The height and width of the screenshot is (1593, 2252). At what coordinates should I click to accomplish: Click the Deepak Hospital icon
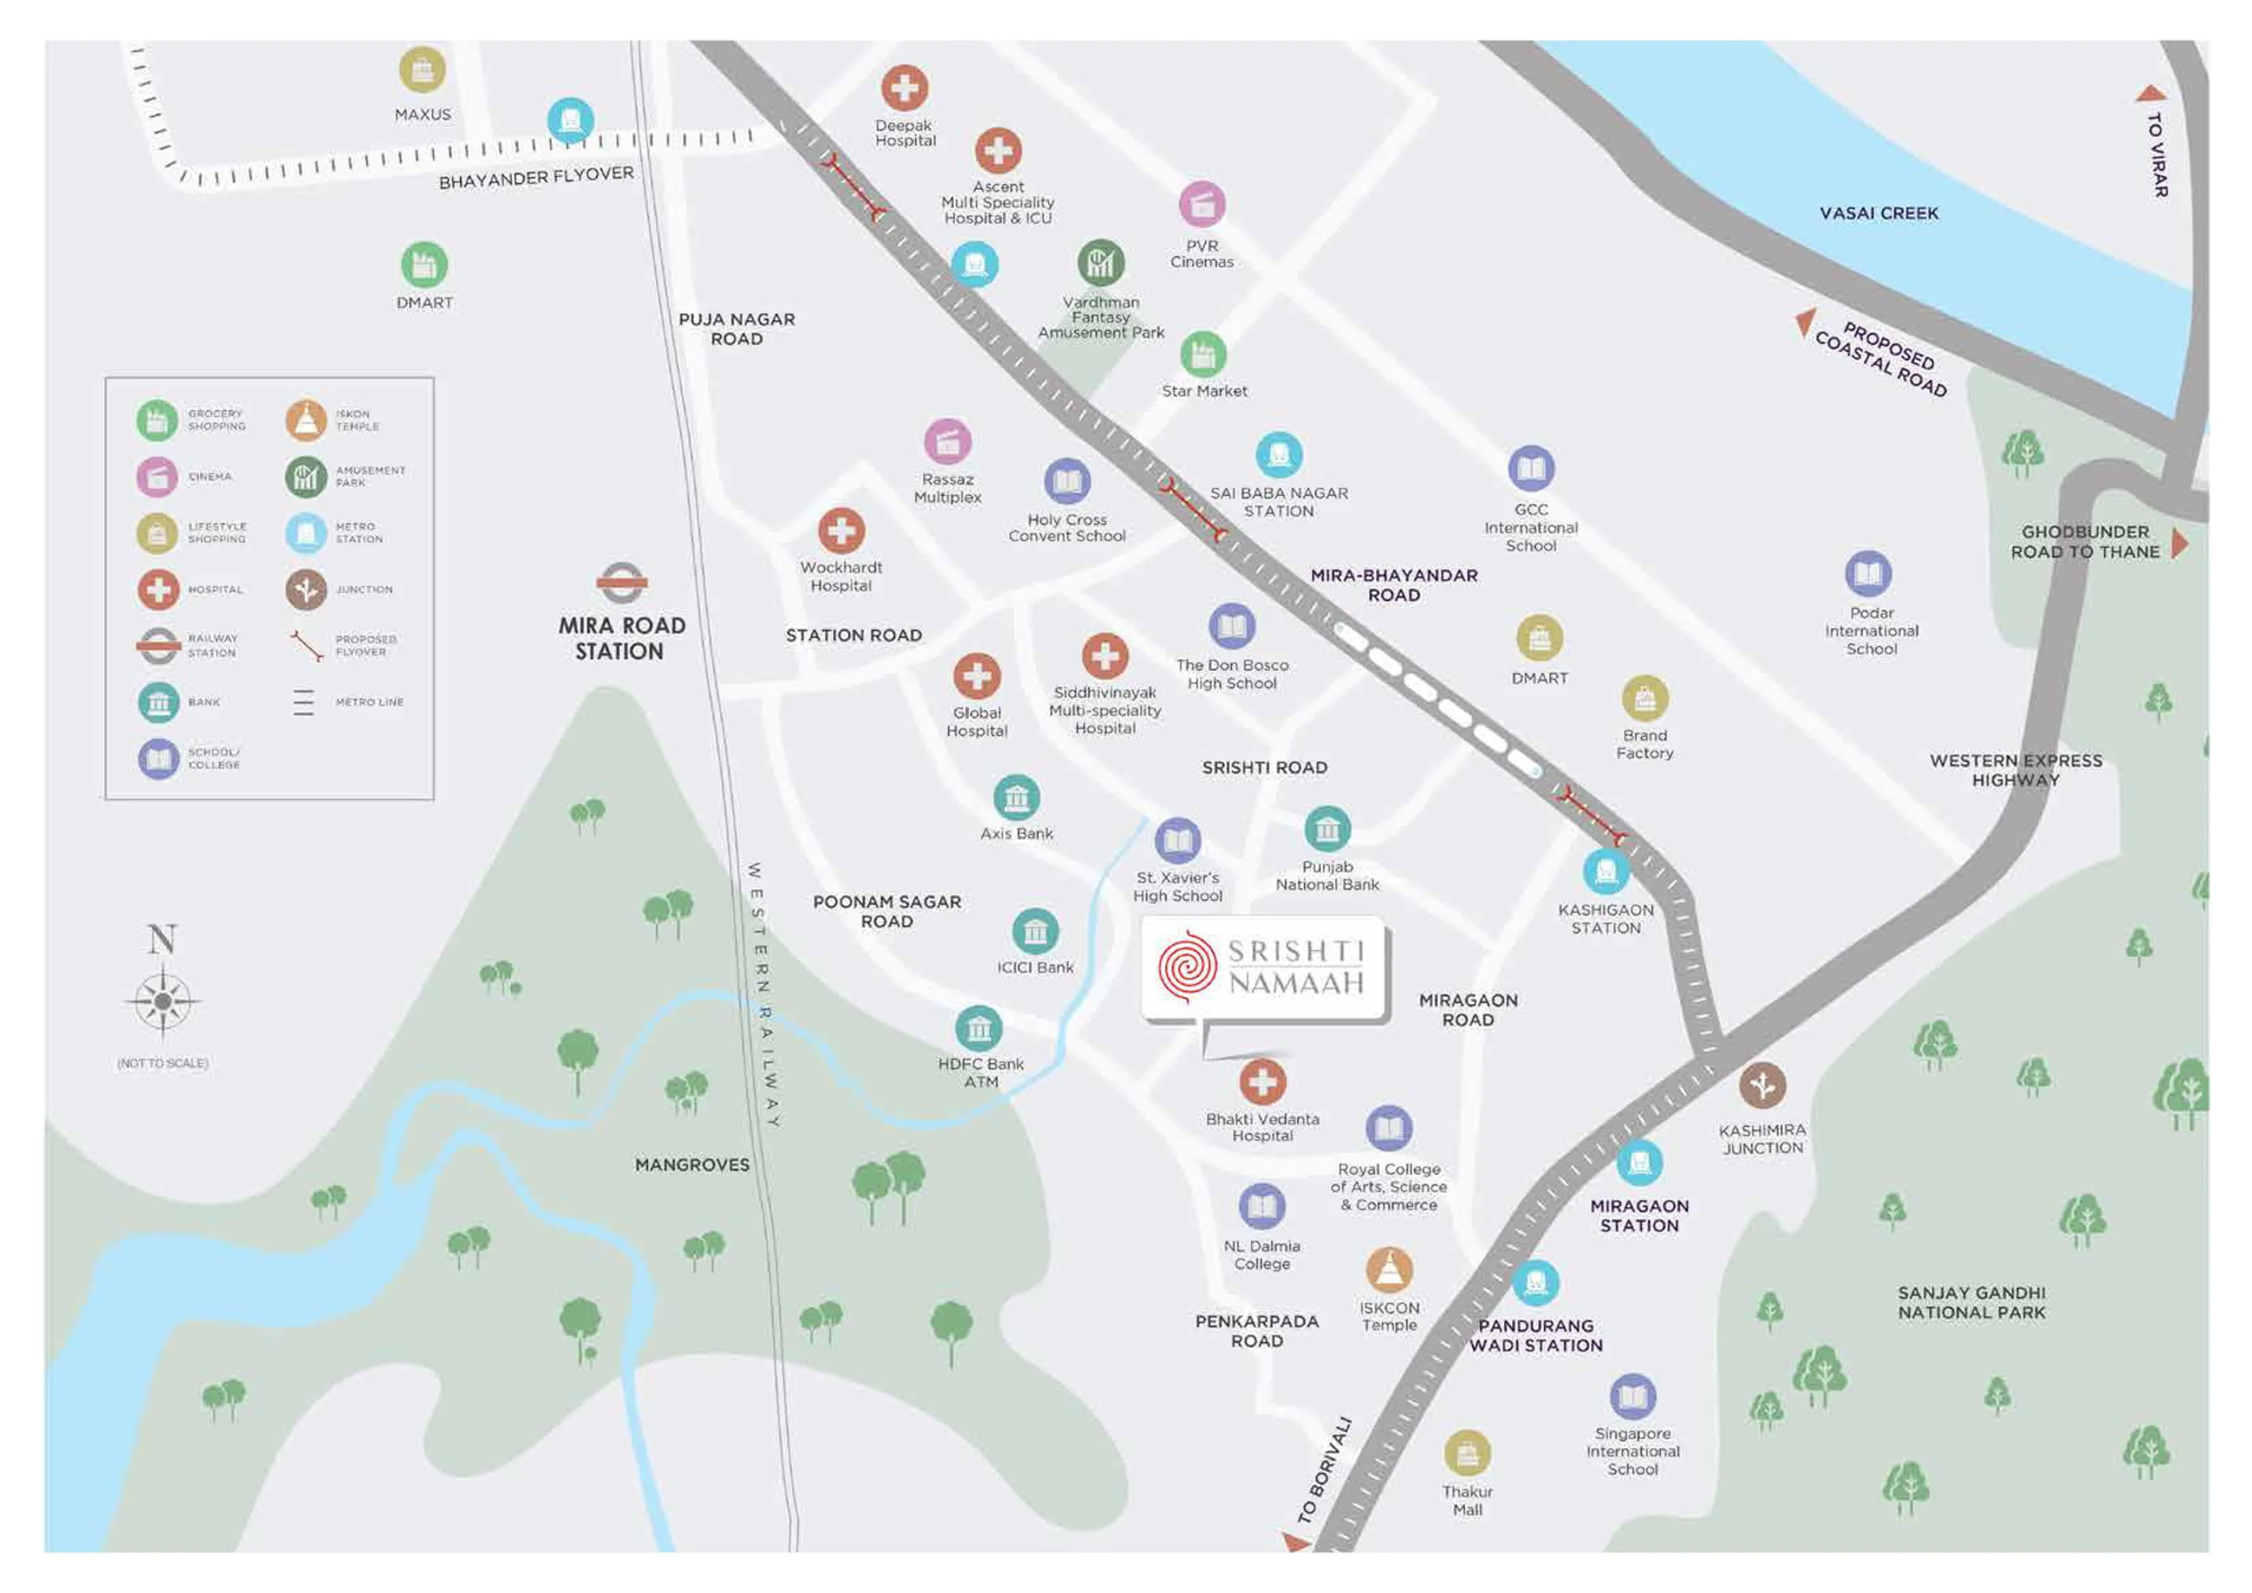click(903, 89)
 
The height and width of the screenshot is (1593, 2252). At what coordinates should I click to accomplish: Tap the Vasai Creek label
click(1878, 213)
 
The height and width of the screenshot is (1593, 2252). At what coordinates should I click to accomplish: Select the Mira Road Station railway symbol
click(621, 584)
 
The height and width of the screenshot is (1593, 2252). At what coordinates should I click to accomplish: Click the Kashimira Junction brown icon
click(1762, 1085)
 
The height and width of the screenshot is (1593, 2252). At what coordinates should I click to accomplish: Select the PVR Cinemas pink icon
click(1202, 205)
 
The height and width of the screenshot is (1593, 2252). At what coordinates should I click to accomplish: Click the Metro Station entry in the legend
click(306, 533)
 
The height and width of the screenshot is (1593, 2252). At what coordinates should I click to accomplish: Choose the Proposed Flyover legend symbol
click(306, 646)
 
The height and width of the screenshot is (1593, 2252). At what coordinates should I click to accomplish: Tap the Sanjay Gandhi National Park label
click(1971, 1303)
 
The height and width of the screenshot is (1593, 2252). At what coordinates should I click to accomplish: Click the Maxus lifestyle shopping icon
click(422, 69)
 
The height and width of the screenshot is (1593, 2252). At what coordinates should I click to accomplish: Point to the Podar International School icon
click(1868, 574)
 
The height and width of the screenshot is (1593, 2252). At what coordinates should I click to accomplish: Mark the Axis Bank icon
click(1016, 798)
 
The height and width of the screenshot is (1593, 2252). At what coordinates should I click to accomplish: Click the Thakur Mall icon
click(1467, 1453)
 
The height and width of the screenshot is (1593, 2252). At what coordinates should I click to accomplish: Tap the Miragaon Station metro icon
click(1638, 1163)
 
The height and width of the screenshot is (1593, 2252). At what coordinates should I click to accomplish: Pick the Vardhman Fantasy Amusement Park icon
click(1101, 262)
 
